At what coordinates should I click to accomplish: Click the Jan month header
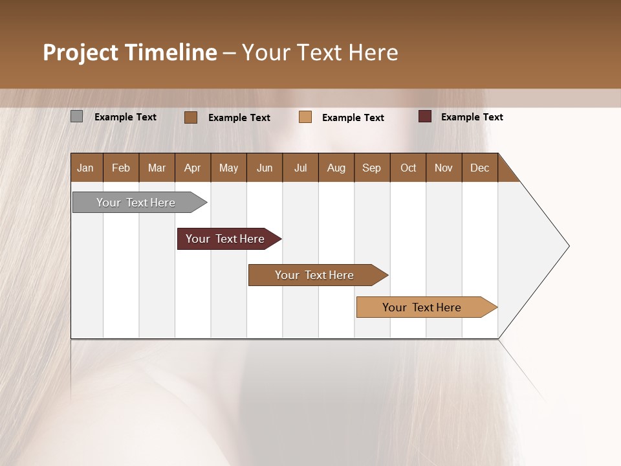86,168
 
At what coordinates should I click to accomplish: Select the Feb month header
121,168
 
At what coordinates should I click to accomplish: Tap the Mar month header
157,168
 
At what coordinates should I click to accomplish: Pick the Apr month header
193,168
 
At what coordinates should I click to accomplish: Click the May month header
228,168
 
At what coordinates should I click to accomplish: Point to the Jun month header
265,168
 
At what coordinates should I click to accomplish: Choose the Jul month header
300,168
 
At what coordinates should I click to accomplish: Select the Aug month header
336,168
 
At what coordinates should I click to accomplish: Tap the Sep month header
372,168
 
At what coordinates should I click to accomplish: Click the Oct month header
408,168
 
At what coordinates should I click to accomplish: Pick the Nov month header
444,168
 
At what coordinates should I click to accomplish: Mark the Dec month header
480,168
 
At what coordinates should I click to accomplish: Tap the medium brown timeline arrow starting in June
315,275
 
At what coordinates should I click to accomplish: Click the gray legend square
76,116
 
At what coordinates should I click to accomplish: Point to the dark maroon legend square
424,116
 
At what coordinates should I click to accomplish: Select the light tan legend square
305,117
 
